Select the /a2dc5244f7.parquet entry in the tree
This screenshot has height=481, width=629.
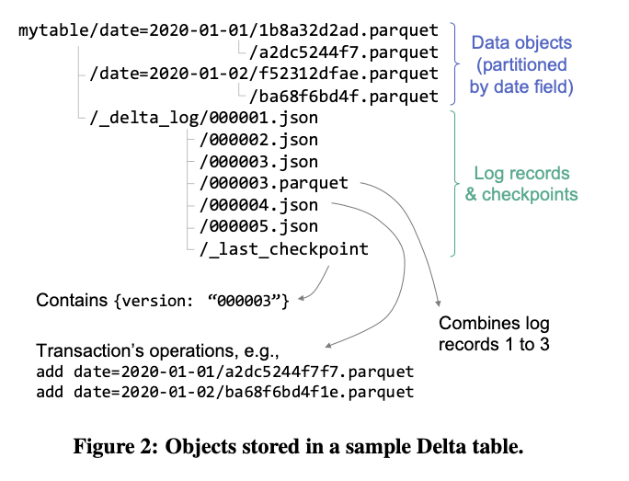pos(339,52)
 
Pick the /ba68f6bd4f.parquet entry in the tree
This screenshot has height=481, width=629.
pos(339,96)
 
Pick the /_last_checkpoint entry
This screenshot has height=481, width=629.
pos(280,248)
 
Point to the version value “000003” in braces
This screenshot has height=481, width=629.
pos(251,301)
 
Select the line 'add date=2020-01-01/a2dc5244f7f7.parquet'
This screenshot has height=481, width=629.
pos(224,372)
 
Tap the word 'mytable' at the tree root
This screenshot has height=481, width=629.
pos(52,30)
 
